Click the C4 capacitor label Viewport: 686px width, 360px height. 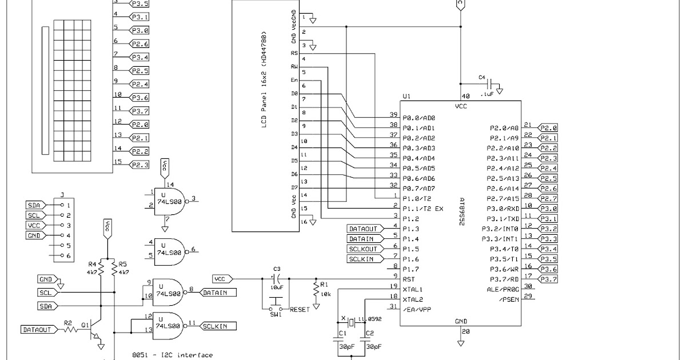click(x=481, y=77)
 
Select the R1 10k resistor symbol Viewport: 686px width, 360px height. click(x=315, y=290)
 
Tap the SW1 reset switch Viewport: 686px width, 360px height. click(x=276, y=302)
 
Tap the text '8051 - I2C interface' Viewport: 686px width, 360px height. click(x=171, y=355)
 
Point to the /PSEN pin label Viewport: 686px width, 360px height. click(x=508, y=299)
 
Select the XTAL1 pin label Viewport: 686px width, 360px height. click(x=413, y=289)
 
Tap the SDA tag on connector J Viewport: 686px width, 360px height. click(x=34, y=205)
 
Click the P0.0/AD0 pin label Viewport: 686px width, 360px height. click(x=418, y=118)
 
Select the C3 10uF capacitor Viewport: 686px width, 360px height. click(x=277, y=279)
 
